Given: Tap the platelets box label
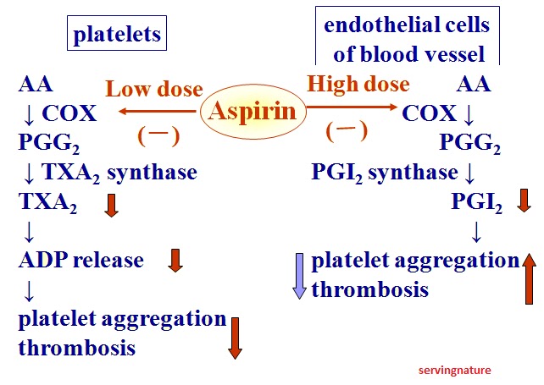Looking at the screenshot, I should (117, 35).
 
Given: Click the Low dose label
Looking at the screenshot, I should (153, 89).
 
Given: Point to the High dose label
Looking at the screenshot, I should (358, 85).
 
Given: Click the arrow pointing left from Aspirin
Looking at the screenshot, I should (158, 111).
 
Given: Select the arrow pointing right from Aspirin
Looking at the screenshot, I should (350, 107).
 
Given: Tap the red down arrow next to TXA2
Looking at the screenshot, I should (111, 204).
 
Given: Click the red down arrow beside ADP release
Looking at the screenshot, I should (175, 260).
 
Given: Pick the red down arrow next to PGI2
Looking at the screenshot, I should (523, 201).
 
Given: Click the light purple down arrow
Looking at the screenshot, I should (297, 274).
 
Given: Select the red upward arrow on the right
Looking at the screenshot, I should (529, 276).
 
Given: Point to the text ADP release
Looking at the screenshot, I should (81, 259).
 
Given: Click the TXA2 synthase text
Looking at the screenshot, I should (119, 173).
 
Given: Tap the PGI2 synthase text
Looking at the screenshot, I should (385, 173).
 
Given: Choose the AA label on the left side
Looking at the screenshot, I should (36, 85).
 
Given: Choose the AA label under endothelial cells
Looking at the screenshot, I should (474, 85).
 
